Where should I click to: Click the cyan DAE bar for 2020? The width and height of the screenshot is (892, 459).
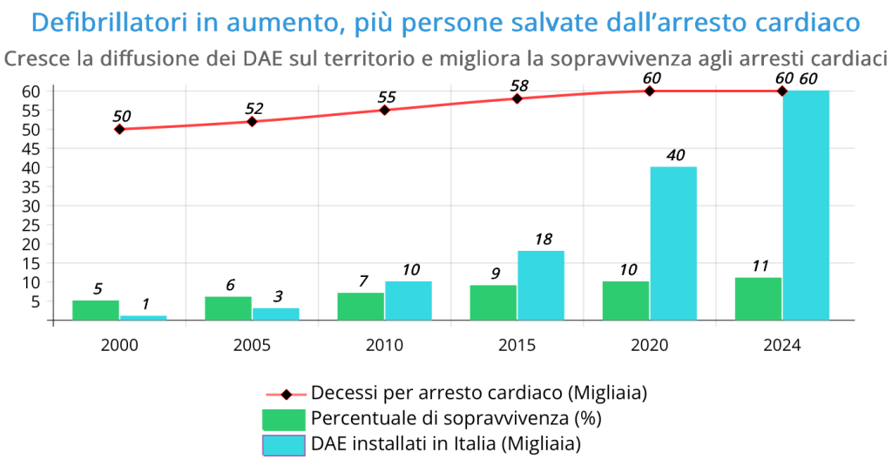click(673, 243)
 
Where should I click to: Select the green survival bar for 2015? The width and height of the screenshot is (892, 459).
click(493, 302)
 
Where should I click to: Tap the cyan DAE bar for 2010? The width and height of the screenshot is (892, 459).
click(409, 300)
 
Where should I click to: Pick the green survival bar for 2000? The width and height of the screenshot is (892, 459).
click(96, 310)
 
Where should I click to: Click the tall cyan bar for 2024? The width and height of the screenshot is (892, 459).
click(806, 205)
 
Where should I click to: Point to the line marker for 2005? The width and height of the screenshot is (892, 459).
click(252, 121)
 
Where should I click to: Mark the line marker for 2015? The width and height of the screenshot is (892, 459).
click(517, 98)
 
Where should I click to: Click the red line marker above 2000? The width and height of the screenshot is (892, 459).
click(119, 129)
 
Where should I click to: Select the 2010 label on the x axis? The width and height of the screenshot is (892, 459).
click(384, 345)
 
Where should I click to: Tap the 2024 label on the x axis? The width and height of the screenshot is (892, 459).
click(782, 345)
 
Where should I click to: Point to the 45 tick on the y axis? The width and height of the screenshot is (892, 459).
click(32, 167)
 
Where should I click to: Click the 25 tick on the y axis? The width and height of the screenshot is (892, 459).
click(32, 244)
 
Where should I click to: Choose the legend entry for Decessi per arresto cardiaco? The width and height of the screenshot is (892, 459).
click(478, 393)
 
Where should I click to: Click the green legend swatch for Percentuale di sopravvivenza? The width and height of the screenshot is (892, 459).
click(283, 419)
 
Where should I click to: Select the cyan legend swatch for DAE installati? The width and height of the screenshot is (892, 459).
click(283, 444)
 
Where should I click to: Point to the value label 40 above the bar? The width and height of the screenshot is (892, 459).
click(675, 156)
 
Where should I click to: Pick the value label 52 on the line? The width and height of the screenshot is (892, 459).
click(254, 108)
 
